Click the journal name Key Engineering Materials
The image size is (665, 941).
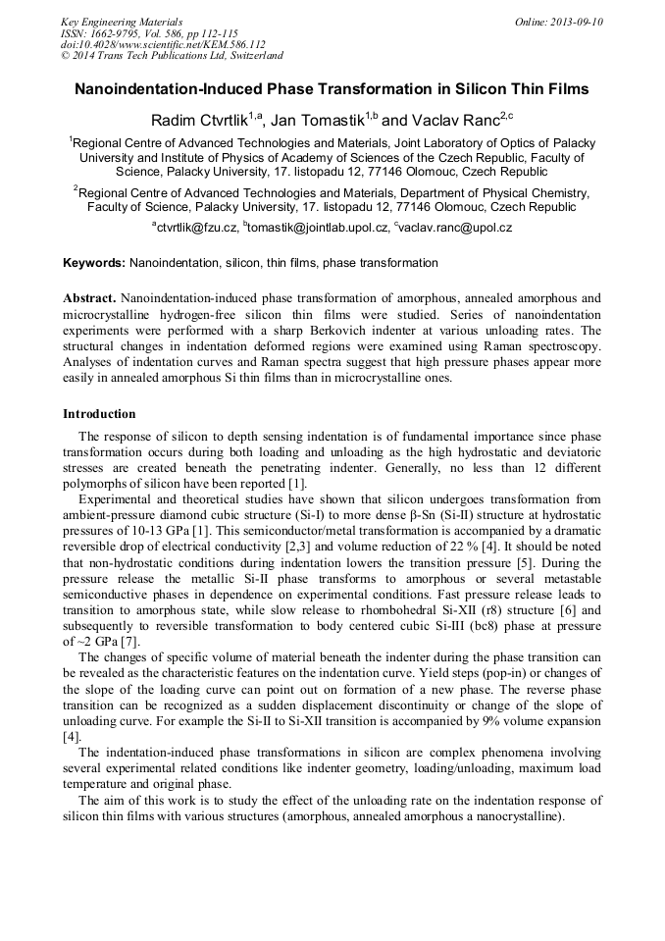tap(122, 22)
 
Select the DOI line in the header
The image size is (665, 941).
tap(163, 44)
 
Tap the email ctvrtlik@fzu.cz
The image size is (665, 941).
tap(197, 228)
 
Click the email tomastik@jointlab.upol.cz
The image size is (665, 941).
tap(317, 228)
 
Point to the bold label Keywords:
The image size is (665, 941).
tap(94, 263)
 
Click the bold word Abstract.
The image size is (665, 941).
tap(89, 297)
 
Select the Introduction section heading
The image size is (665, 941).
tap(99, 413)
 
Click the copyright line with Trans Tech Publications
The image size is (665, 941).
tap(172, 56)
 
